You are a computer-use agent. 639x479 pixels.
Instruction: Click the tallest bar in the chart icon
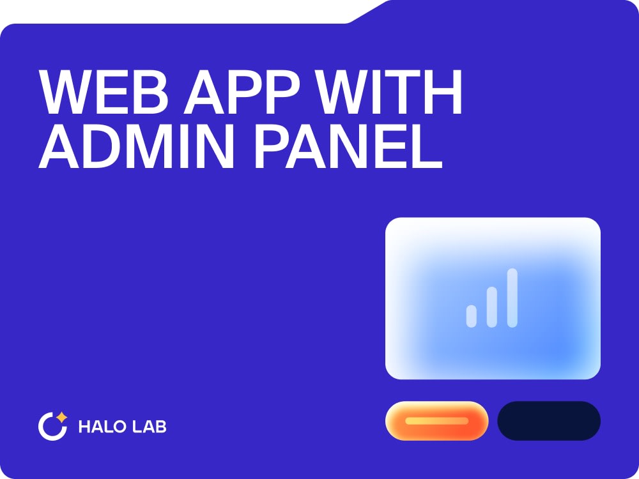point(512,298)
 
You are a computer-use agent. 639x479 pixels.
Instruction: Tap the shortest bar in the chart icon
point(472,316)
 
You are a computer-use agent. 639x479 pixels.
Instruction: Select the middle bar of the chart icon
point(491,307)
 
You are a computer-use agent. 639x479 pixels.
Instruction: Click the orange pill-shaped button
point(436,421)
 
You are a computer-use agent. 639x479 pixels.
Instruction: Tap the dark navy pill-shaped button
point(549,421)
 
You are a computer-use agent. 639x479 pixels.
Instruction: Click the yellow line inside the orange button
point(436,421)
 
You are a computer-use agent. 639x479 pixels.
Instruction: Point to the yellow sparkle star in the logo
point(61,418)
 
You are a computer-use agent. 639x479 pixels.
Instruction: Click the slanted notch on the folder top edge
point(367,12)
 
